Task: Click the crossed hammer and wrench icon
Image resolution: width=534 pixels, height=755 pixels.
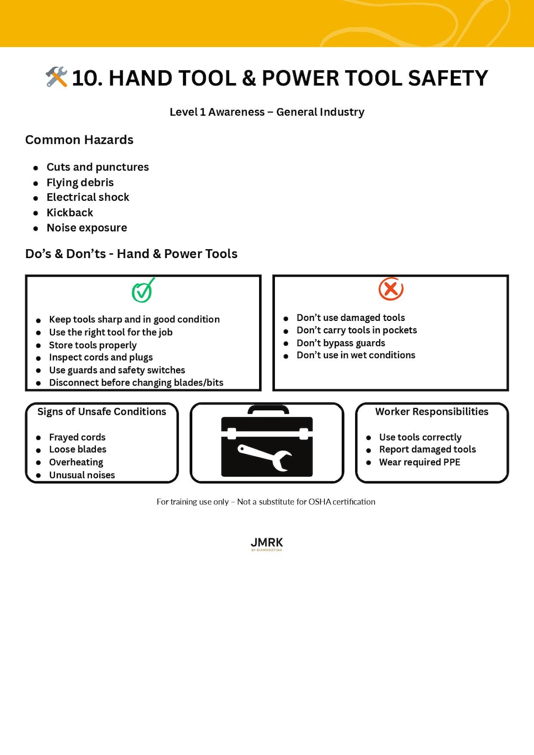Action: (x=56, y=77)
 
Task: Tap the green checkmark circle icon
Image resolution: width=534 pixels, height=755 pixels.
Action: (x=142, y=291)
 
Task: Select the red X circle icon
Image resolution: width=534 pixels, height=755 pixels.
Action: (x=391, y=289)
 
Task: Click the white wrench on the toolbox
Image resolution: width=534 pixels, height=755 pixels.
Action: (x=265, y=457)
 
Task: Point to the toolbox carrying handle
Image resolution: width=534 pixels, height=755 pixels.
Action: (x=267, y=410)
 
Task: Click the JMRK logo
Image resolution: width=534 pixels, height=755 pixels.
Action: (x=267, y=543)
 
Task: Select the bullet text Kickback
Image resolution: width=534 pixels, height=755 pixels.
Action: (x=70, y=213)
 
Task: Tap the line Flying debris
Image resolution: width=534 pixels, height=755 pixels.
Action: (x=80, y=182)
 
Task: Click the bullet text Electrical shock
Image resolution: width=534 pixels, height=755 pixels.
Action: (x=88, y=197)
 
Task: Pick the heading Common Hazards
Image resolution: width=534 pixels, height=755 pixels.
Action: (x=79, y=140)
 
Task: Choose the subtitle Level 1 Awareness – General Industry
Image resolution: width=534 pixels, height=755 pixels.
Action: (x=267, y=112)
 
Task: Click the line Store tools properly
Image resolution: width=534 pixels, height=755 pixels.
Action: (x=92, y=345)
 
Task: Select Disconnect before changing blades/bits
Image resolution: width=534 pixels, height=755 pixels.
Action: (x=136, y=383)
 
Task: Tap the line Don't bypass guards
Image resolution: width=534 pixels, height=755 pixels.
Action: (x=341, y=343)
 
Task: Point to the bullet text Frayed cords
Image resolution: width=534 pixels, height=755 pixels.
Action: (x=77, y=437)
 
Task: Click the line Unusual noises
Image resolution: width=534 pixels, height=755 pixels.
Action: (x=82, y=475)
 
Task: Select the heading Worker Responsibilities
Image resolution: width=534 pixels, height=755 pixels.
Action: (x=432, y=412)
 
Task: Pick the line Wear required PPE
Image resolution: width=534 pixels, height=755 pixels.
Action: (x=419, y=462)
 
